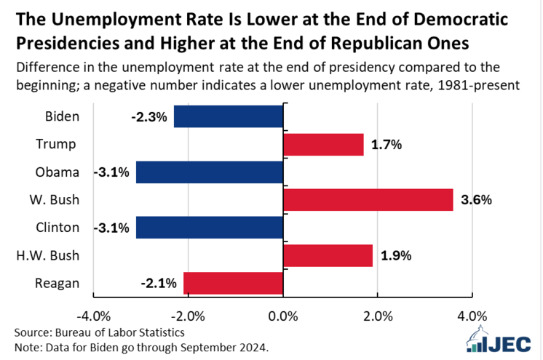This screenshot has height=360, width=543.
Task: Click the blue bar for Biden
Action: (x=228, y=116)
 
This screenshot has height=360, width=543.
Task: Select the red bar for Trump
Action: (x=323, y=144)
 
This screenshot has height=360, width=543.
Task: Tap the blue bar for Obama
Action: (x=209, y=172)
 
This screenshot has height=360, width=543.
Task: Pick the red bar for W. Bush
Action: (x=368, y=199)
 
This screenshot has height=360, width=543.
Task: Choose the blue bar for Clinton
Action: (x=209, y=228)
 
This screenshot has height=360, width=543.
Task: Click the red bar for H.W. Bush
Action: (x=328, y=255)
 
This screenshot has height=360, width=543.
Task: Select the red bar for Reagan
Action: (x=233, y=283)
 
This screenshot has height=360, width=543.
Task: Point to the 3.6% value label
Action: (x=475, y=200)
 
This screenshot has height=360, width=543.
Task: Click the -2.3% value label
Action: (x=150, y=117)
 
